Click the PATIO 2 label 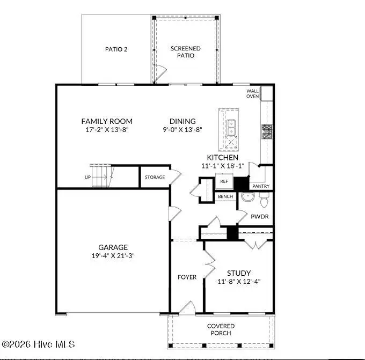tap(115, 49)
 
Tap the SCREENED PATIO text tap(186, 52)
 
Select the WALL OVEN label tap(252, 94)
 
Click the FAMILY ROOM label tap(107, 121)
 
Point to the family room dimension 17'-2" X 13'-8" tap(107, 130)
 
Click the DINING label tap(182, 121)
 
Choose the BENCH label tap(225, 197)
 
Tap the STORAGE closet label tap(155, 178)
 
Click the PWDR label tap(259, 217)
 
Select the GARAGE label tap(113, 247)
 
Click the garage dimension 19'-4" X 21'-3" tap(113, 256)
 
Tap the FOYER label tap(187, 277)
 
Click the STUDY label tap(239, 273)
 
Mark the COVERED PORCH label tap(221, 329)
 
